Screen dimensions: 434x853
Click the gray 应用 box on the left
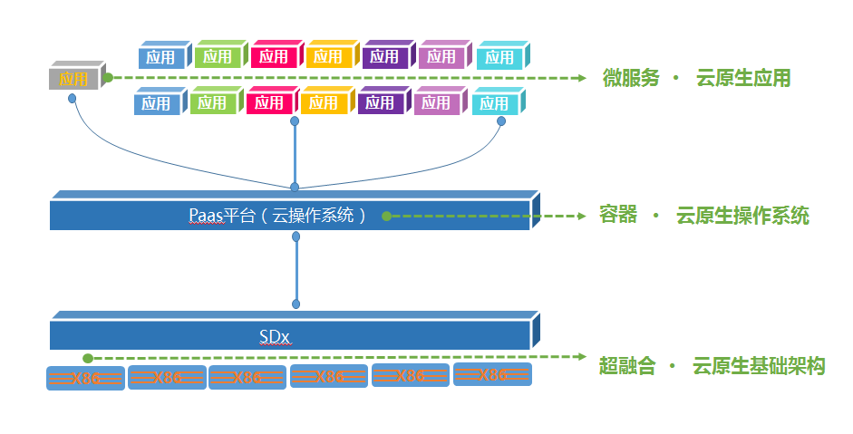(74, 79)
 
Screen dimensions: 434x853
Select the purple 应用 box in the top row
(384, 56)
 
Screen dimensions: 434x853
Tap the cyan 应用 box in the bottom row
(494, 103)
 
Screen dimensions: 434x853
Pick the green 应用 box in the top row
(218, 56)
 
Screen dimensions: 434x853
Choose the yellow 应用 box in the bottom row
(323, 103)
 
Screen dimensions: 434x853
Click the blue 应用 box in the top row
(160, 57)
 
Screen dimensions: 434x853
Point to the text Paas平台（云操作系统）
(278, 215)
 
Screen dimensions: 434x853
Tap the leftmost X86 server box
(85, 378)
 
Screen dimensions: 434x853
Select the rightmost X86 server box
(492, 375)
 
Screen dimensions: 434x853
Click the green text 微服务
(631, 78)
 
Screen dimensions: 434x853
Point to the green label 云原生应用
(743, 78)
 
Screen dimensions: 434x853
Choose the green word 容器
(618, 216)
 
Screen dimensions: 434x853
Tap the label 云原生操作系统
(742, 216)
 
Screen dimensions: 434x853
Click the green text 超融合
(627, 366)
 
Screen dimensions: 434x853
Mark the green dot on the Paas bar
(386, 217)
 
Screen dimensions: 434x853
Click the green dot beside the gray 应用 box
(108, 78)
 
